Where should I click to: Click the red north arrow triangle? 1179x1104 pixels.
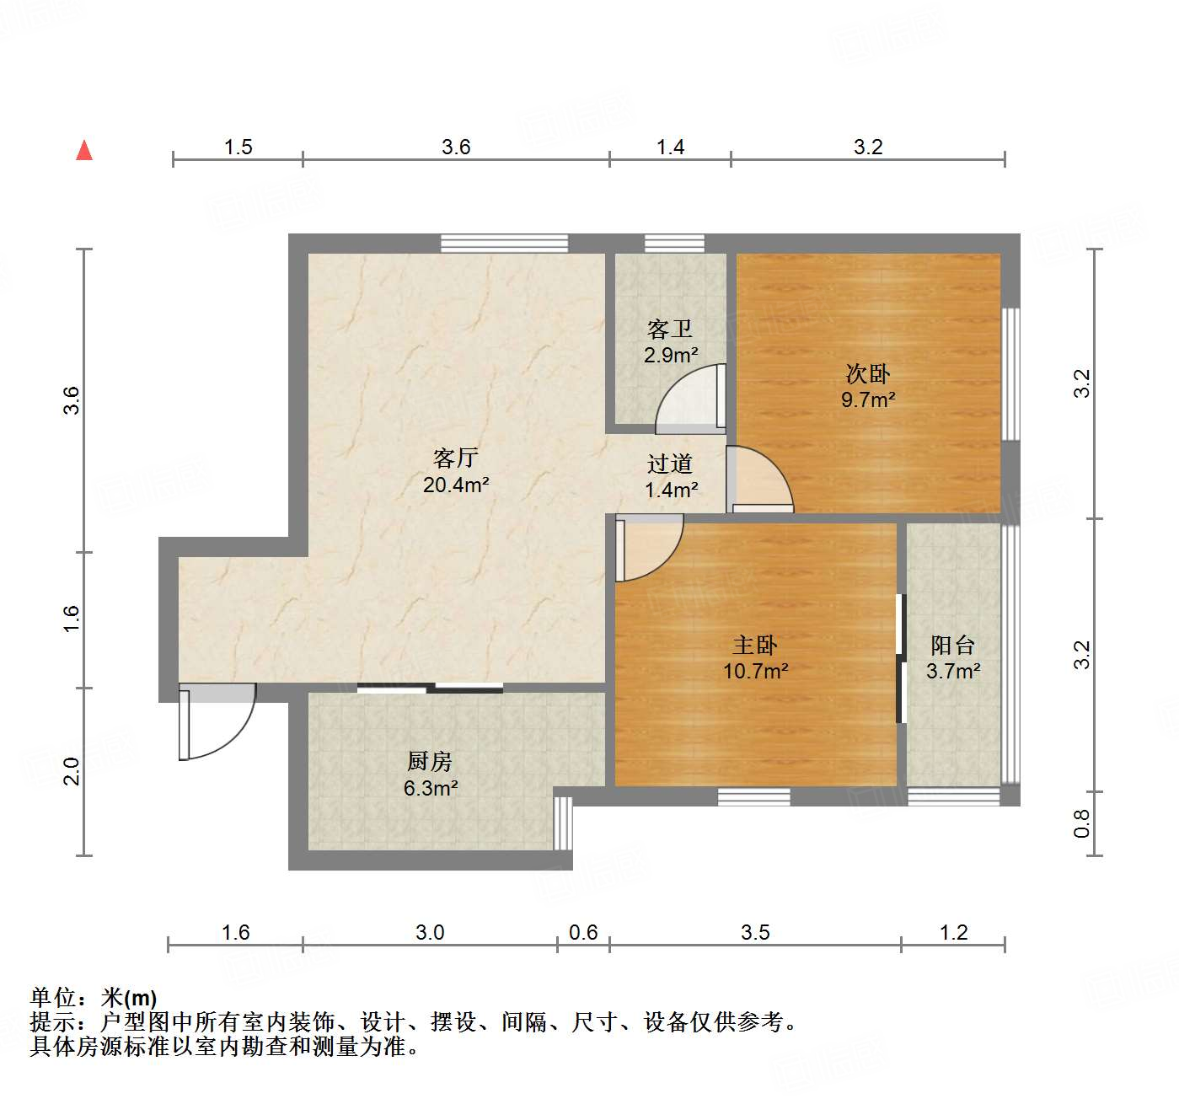coord(84,150)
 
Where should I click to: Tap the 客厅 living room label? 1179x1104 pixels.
coord(456,458)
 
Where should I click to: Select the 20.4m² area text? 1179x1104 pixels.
coord(456,485)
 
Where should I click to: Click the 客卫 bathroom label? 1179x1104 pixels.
coord(670,329)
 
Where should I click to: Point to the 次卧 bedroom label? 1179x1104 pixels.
coord(868,373)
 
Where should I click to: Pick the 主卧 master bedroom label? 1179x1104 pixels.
coord(755,646)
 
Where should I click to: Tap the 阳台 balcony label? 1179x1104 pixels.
coord(953,646)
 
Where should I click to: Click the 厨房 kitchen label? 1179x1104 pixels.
coord(430,762)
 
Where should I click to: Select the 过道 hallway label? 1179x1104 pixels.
coord(670,464)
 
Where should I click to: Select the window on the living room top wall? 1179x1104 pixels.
coord(504,244)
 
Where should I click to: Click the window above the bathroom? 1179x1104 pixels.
coord(674,244)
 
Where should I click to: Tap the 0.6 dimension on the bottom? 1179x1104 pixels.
coord(583,933)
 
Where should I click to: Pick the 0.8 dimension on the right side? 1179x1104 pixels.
coord(1082,823)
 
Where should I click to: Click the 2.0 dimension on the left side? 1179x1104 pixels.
coord(72,771)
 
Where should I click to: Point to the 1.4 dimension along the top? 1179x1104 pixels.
coord(671,147)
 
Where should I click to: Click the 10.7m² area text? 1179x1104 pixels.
coord(756,672)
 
